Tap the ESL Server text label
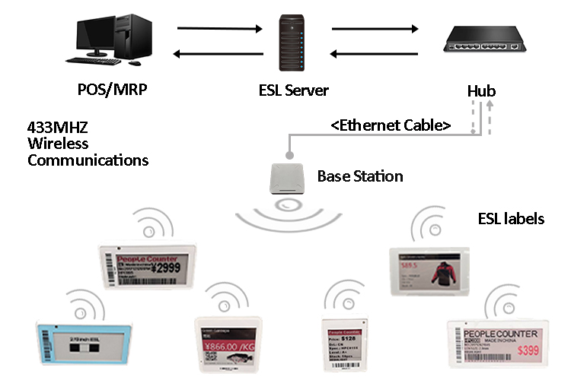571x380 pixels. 293,90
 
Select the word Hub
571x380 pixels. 481,91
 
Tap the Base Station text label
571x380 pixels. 359,176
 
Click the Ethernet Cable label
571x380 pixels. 391,125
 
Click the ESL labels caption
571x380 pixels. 512,219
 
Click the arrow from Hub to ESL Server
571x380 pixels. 375,53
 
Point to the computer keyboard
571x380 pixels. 93,61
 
